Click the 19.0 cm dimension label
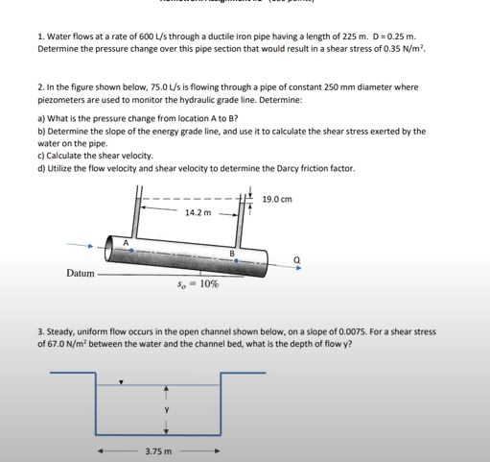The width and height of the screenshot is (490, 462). (276, 200)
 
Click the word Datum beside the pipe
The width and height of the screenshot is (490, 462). (81, 274)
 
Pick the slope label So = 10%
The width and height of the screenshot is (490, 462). (198, 284)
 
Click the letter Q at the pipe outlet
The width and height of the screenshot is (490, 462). (296, 258)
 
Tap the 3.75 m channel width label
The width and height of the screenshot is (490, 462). (158, 450)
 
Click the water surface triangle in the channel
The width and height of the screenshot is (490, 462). (121, 381)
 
